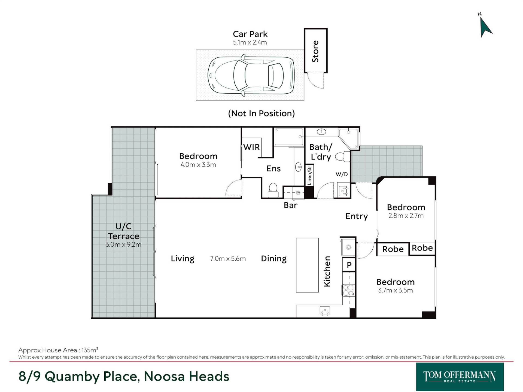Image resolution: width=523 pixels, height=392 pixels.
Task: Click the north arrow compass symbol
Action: (486, 27)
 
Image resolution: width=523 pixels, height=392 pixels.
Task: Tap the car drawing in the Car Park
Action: (251, 75)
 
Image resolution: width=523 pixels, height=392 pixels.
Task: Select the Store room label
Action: (315, 51)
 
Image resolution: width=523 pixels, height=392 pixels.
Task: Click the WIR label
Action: (251, 147)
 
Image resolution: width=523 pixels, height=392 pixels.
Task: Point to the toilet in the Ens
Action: (273, 190)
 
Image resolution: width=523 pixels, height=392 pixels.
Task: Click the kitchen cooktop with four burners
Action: (348, 290)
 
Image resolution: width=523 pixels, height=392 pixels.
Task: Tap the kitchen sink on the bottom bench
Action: (325, 311)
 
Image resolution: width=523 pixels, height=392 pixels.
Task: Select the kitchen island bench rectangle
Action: (307, 265)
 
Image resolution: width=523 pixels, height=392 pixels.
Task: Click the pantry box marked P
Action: (349, 265)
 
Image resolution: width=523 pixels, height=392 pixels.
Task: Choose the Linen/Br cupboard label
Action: (309, 175)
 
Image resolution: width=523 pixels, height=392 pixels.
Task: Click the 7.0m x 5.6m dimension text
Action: (228, 259)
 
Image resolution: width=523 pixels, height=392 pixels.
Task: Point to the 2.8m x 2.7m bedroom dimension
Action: (406, 216)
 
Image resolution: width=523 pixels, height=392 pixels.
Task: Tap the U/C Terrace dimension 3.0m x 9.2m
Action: (123, 244)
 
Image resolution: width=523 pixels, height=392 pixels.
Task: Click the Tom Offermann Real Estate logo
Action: (460, 376)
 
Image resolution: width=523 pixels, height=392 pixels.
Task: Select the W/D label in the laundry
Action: (342, 174)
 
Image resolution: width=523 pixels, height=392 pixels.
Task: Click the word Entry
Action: (357, 216)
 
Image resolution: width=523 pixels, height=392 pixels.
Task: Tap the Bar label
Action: (290, 205)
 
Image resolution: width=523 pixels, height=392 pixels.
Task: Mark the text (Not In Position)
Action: (261, 113)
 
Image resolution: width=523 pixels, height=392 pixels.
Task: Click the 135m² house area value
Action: (90, 350)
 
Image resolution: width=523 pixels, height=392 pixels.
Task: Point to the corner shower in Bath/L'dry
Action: (349, 138)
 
